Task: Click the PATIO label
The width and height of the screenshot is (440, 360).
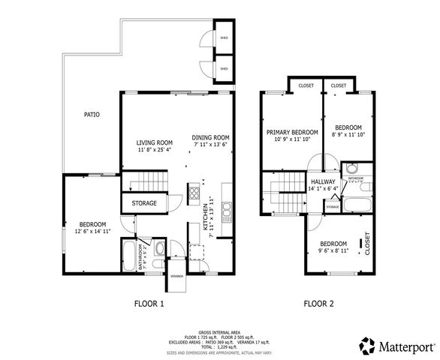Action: [92, 115]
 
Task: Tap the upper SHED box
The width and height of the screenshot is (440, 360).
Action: [223, 37]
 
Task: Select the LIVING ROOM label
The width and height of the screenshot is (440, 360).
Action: [155, 142]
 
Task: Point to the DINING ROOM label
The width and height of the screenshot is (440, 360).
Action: [210, 138]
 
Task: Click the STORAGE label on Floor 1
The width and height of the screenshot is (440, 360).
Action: [144, 203]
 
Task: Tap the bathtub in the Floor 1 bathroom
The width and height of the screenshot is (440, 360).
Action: [129, 256]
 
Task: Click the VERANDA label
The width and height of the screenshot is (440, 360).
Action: [177, 276]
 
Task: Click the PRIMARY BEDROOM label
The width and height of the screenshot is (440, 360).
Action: [292, 132]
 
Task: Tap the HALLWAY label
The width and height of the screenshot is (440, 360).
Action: [324, 181]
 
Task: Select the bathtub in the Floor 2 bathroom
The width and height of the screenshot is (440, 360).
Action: [357, 202]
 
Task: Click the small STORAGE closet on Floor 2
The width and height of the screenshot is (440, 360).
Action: [332, 203]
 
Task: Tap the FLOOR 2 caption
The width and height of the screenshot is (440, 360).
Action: [319, 304]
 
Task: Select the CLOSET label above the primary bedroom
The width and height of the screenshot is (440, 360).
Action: [306, 85]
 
